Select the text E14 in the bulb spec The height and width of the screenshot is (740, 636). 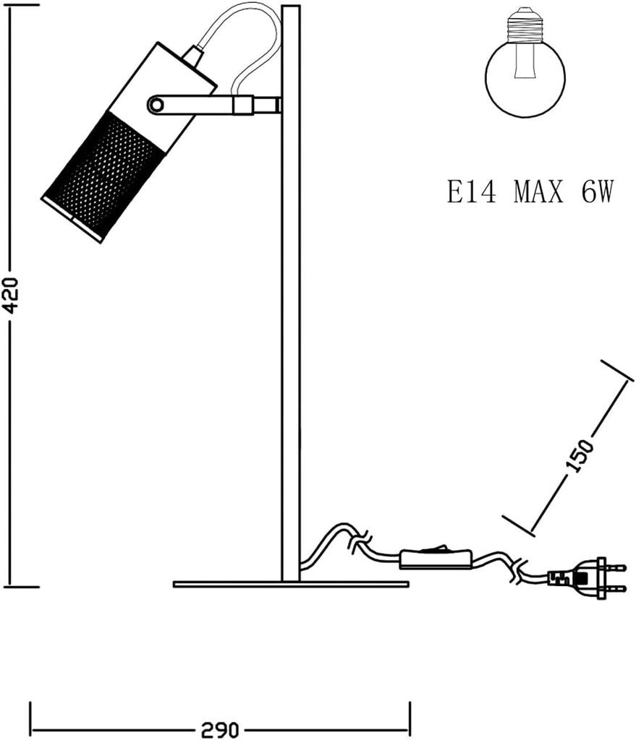click(x=471, y=192)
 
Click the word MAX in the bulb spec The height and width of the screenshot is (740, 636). click(x=538, y=192)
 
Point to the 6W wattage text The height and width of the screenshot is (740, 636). click(x=596, y=192)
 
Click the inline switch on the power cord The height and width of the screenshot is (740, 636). click(x=436, y=558)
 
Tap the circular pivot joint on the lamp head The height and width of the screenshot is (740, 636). click(x=156, y=106)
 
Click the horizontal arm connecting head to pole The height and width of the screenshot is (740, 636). click(x=217, y=106)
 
